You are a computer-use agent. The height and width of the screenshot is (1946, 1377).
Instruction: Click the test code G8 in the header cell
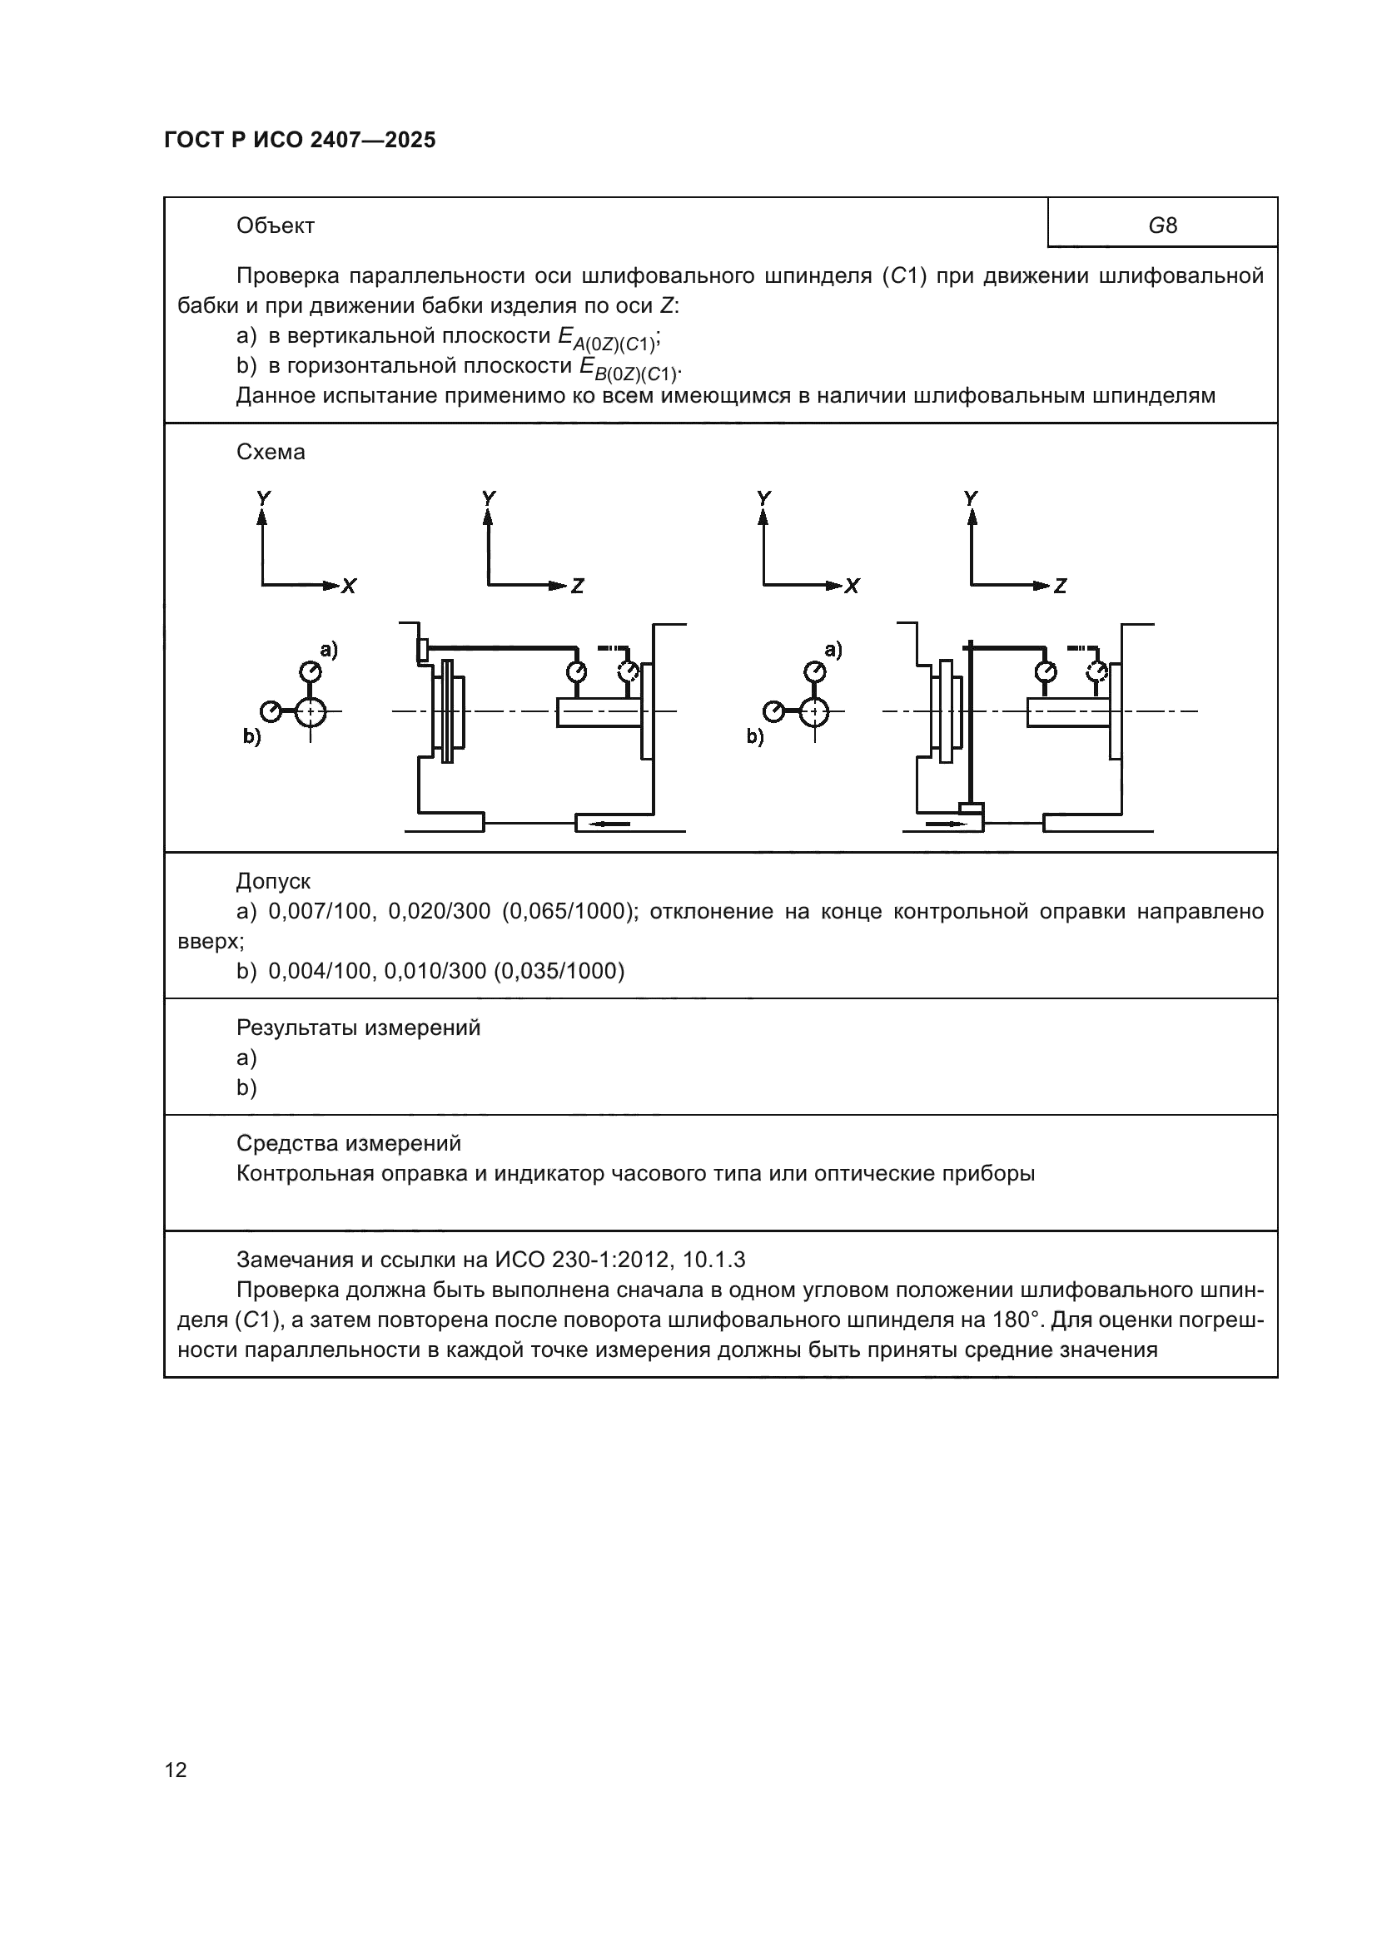[x=1162, y=225]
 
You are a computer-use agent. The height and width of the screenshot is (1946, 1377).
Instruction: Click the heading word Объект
[x=276, y=225]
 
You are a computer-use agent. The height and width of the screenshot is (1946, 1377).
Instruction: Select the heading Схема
[x=271, y=452]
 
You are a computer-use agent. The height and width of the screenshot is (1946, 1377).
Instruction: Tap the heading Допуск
[x=273, y=881]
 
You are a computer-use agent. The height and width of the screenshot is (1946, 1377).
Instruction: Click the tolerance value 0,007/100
[x=320, y=911]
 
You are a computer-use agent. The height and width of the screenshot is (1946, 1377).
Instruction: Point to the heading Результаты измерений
[x=358, y=1027]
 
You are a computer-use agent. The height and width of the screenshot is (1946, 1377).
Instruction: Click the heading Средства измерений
[x=349, y=1143]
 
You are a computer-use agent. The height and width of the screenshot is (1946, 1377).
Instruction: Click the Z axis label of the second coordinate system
[x=578, y=586]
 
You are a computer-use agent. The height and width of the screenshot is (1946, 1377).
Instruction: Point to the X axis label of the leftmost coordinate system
[x=349, y=586]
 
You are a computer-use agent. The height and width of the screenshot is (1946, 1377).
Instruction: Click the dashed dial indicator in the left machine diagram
[x=629, y=671]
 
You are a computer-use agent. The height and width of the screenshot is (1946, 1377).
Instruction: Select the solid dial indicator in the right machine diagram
[x=1046, y=671]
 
